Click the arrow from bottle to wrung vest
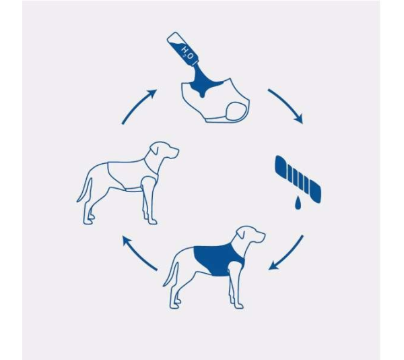(x=285, y=105)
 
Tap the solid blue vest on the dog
(x=214, y=260)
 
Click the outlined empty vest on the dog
(x=128, y=177)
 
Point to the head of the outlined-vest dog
(x=165, y=151)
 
